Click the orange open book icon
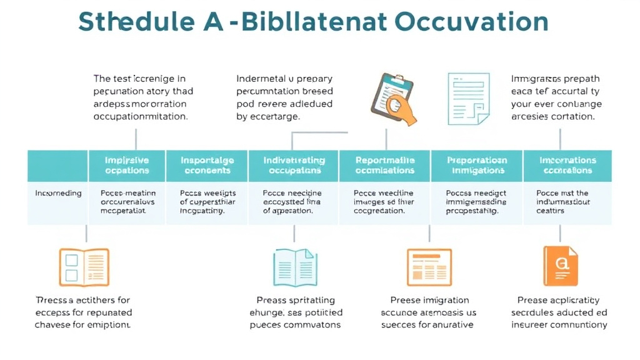[84, 267]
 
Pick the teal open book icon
[294, 267]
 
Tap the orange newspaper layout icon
[429, 267]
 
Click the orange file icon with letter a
[560, 266]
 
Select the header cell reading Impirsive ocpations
[127, 166]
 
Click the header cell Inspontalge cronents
[207, 166]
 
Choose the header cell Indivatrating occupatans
[294, 166]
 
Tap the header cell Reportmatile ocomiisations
[384, 166]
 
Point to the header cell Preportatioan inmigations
[476, 166]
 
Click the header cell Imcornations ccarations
[567, 166]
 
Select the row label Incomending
[58, 193]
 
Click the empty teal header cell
[58, 166]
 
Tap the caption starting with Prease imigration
[429, 312]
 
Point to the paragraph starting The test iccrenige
[142, 97]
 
